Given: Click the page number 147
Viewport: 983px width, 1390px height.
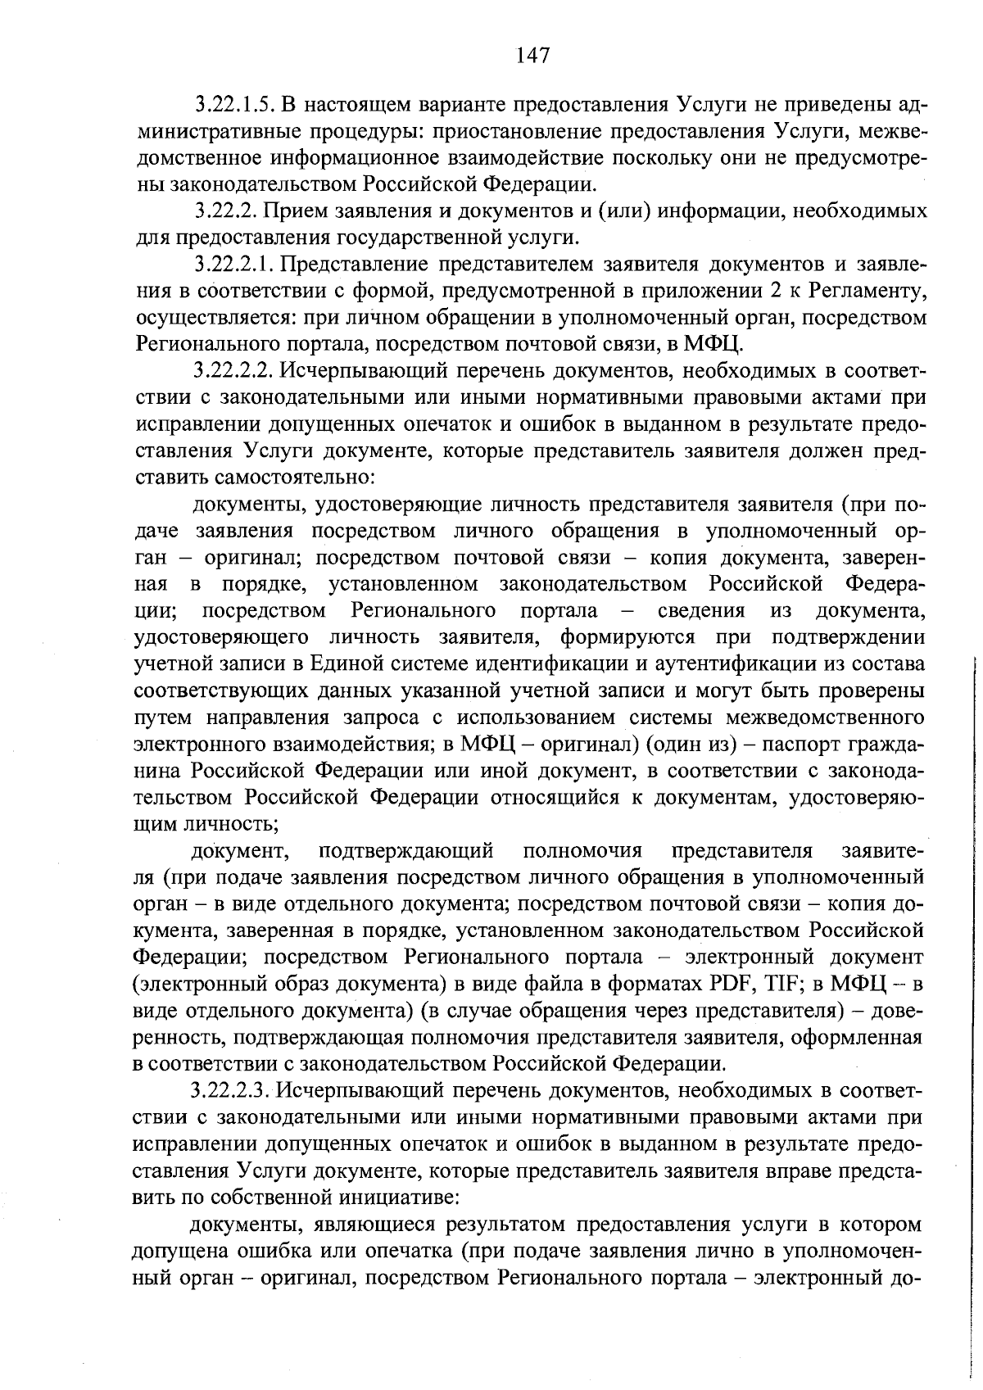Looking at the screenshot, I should (x=532, y=56).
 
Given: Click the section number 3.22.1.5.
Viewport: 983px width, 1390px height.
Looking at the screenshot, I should (x=233, y=105).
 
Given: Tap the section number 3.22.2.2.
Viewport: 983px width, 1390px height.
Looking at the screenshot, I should (x=233, y=371).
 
